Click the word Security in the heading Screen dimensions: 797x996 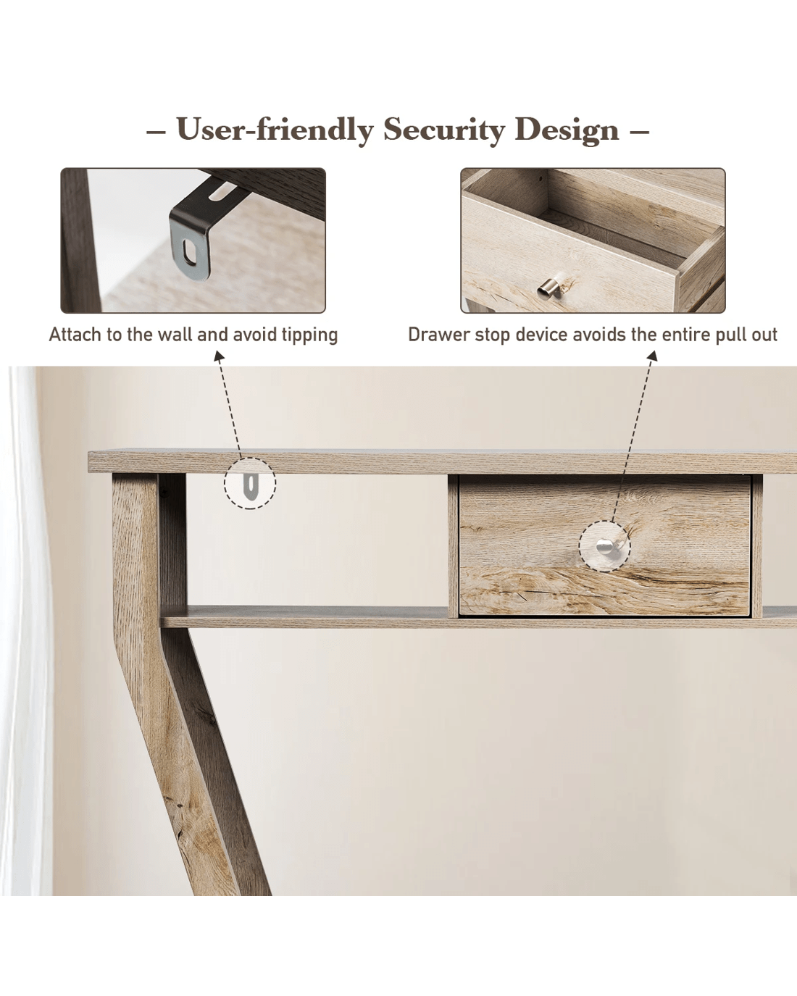pos(443,130)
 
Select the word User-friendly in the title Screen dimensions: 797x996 pos(275,130)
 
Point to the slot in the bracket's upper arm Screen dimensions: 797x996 pos(221,192)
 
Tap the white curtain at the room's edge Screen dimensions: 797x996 pos(25,629)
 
